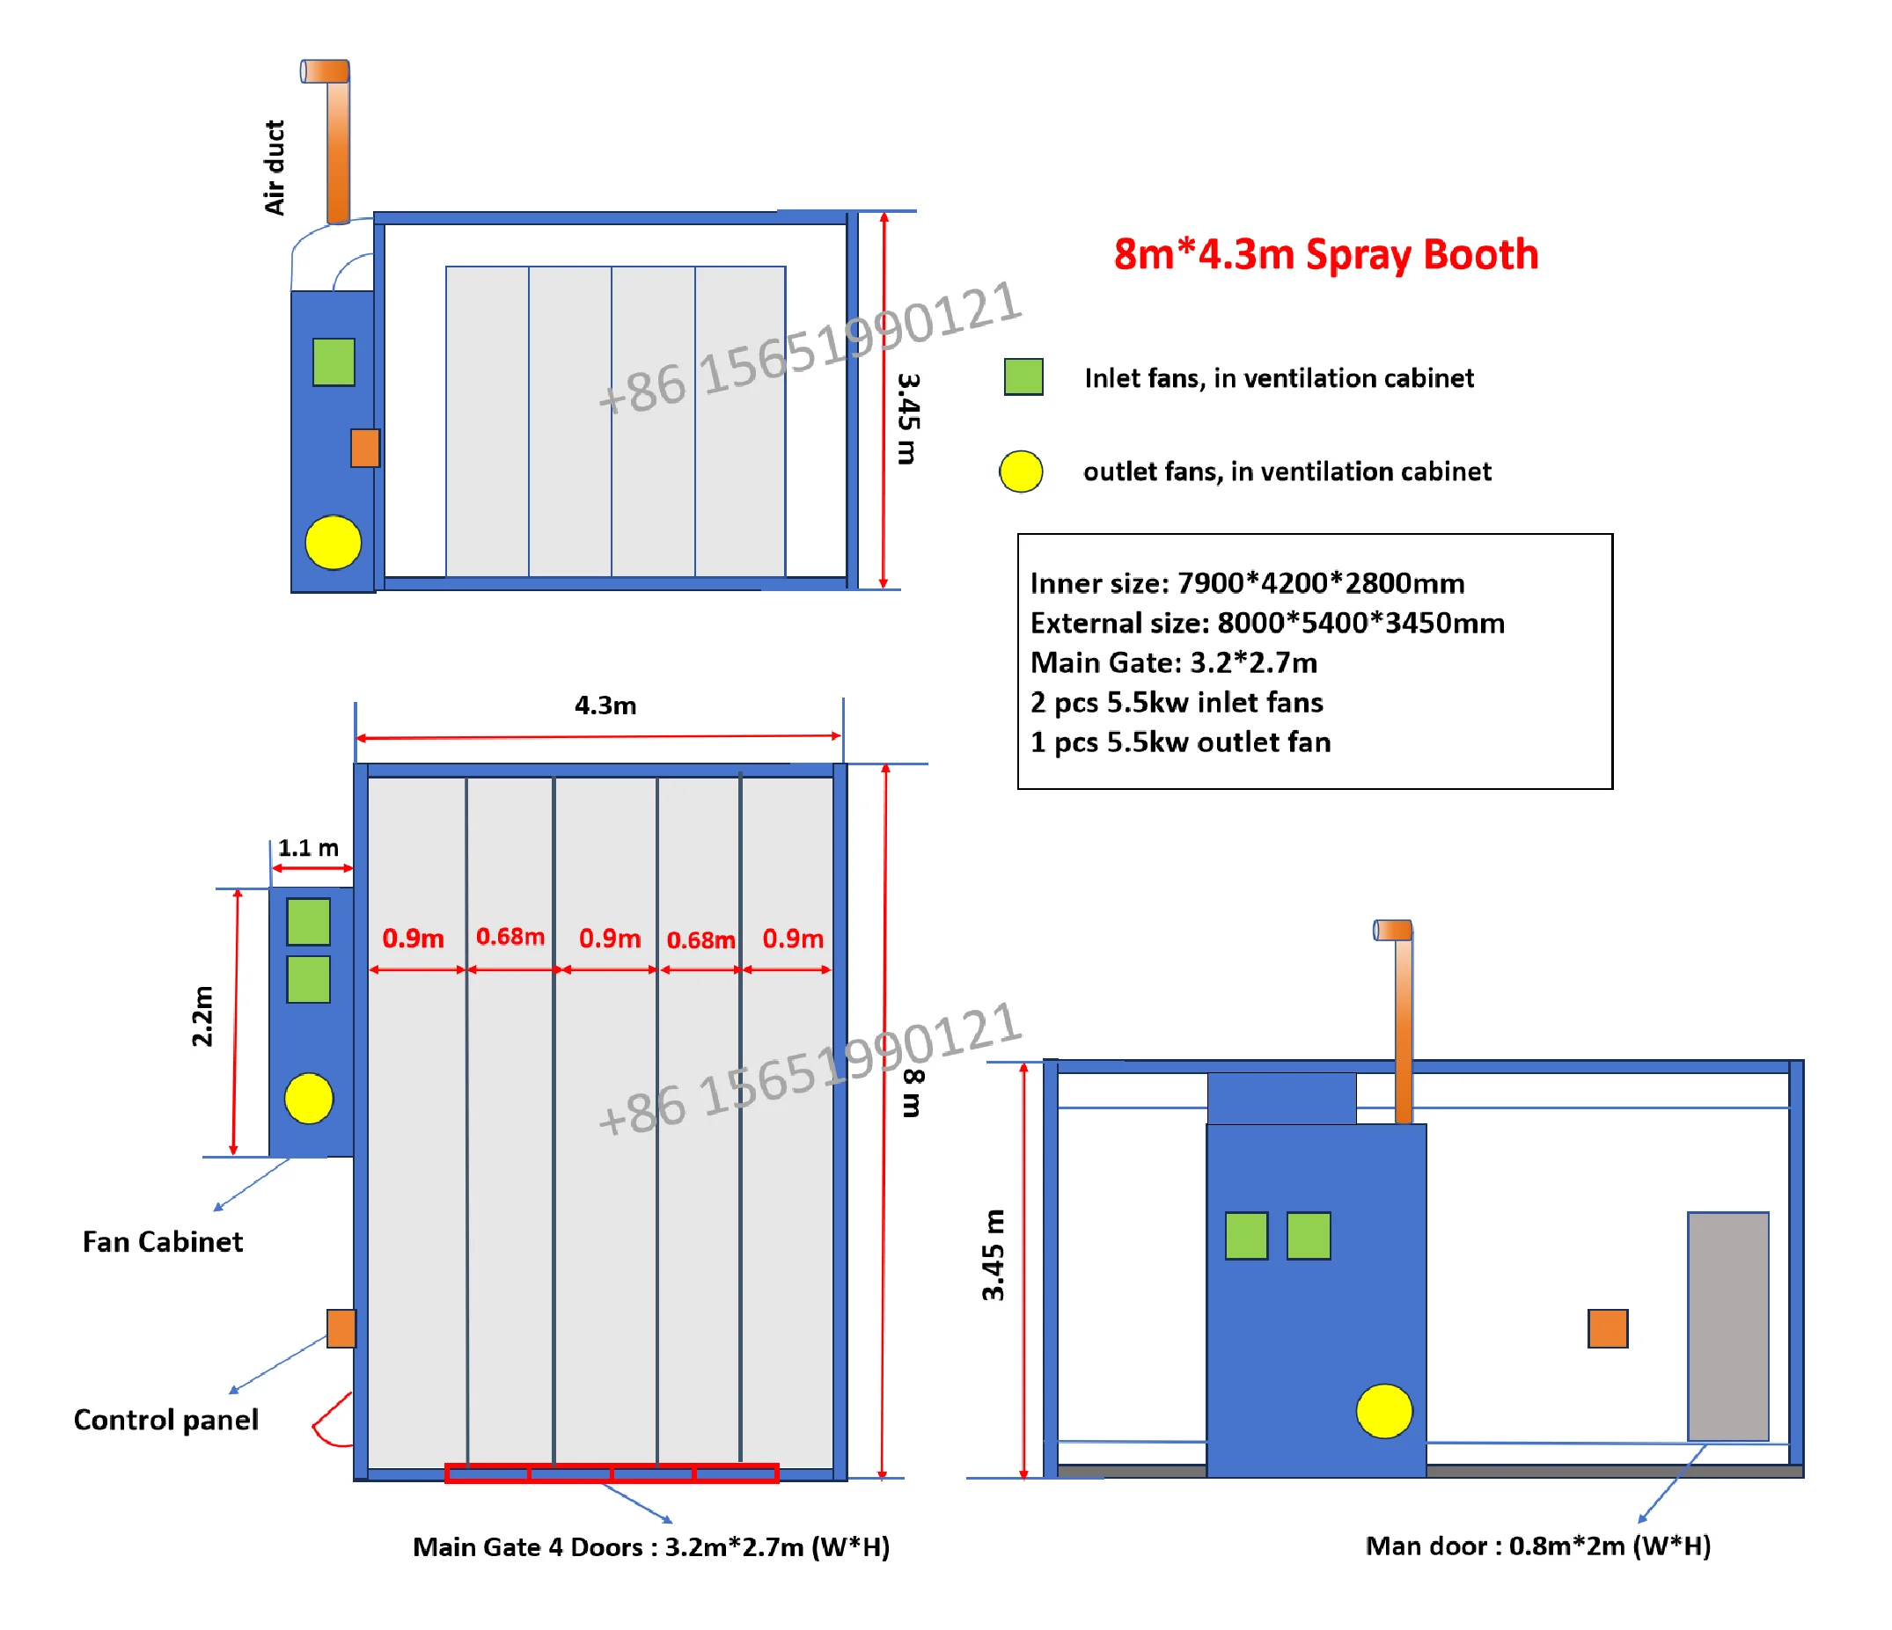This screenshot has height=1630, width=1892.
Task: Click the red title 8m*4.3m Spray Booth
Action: coord(1325,254)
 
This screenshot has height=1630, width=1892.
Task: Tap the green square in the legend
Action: coord(1023,376)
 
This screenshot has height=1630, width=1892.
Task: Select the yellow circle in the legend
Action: coord(1021,471)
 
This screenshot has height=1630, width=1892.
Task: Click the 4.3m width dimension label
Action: coord(605,705)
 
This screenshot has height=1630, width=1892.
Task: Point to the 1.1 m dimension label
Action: coord(308,848)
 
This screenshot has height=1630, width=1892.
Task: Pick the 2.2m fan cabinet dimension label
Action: coord(202,1016)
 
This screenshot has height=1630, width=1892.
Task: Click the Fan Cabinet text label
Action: coord(163,1242)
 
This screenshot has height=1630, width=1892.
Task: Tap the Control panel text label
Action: coord(166,1420)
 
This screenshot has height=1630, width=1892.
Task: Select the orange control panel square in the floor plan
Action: coord(341,1329)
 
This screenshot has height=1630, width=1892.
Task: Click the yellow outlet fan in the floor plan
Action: coord(309,1098)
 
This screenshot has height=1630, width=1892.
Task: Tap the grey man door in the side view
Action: coord(1727,1327)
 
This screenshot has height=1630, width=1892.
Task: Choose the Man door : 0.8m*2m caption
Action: coord(1537,1546)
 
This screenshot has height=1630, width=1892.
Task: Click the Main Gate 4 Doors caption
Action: coord(651,1547)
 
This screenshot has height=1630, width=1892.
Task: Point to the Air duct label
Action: coord(274,168)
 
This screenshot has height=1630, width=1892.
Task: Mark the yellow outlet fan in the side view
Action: coord(1384,1411)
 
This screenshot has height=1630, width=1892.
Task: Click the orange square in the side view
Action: coord(1608,1329)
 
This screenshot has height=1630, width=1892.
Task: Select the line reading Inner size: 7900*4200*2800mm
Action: coord(1247,583)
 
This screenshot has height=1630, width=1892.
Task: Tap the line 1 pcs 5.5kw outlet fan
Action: coord(1180,742)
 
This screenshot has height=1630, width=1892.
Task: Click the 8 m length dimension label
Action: coord(913,1093)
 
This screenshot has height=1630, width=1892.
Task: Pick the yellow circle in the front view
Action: coord(334,543)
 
